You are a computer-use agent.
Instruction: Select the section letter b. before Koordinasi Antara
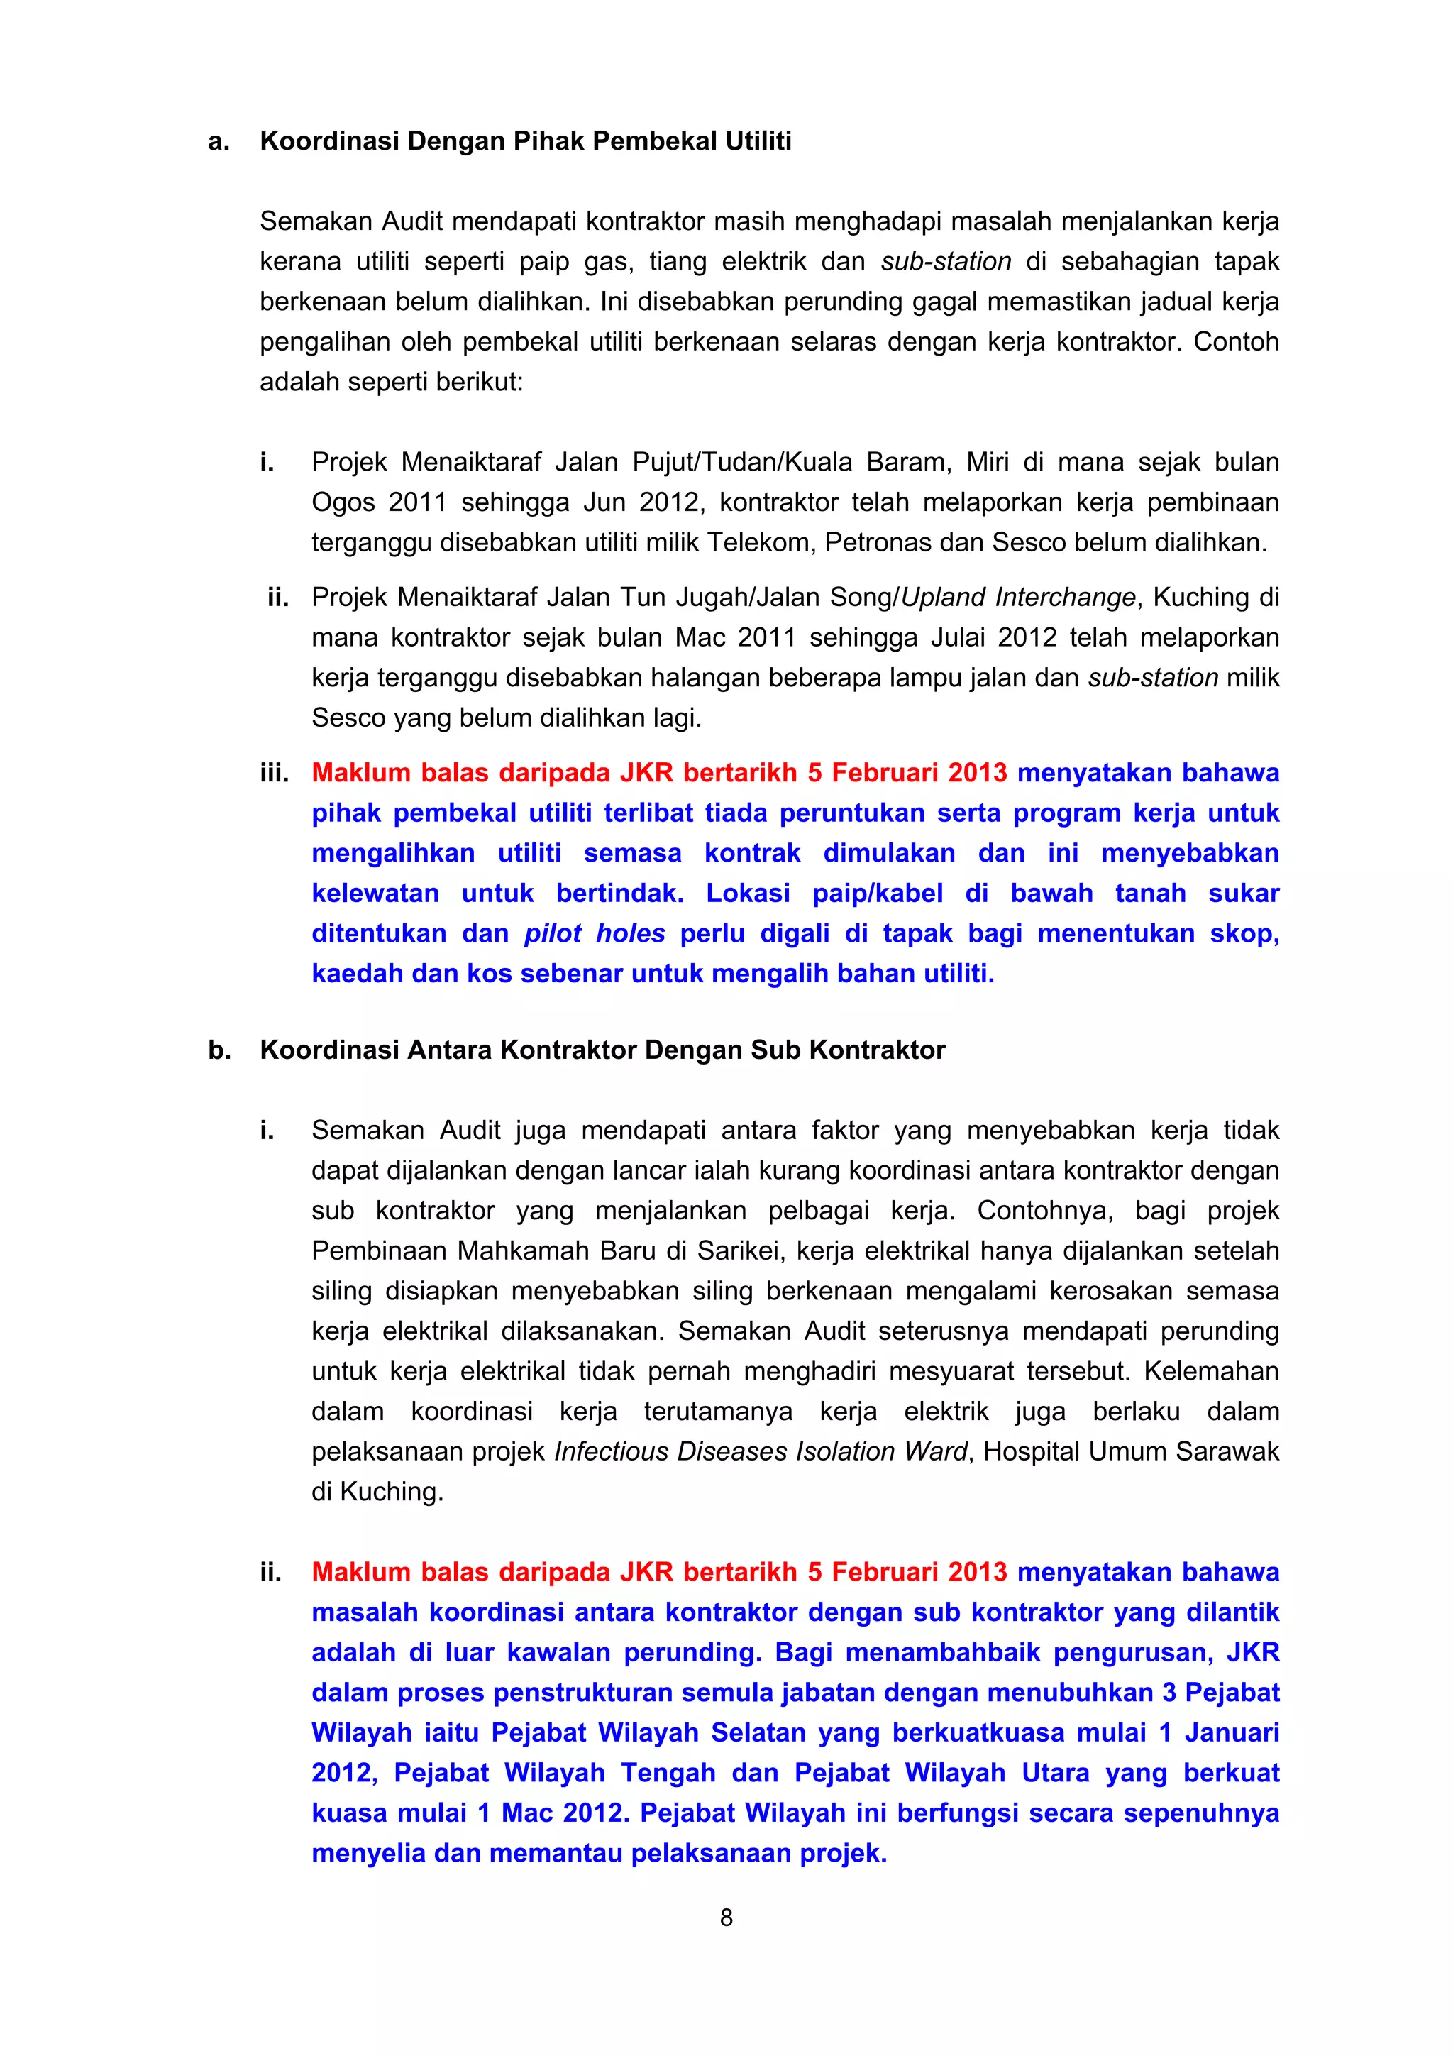[219, 1050]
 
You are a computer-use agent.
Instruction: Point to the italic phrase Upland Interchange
[1018, 598]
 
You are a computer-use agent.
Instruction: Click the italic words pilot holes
[595, 933]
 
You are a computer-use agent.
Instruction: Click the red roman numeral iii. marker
[274, 773]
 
